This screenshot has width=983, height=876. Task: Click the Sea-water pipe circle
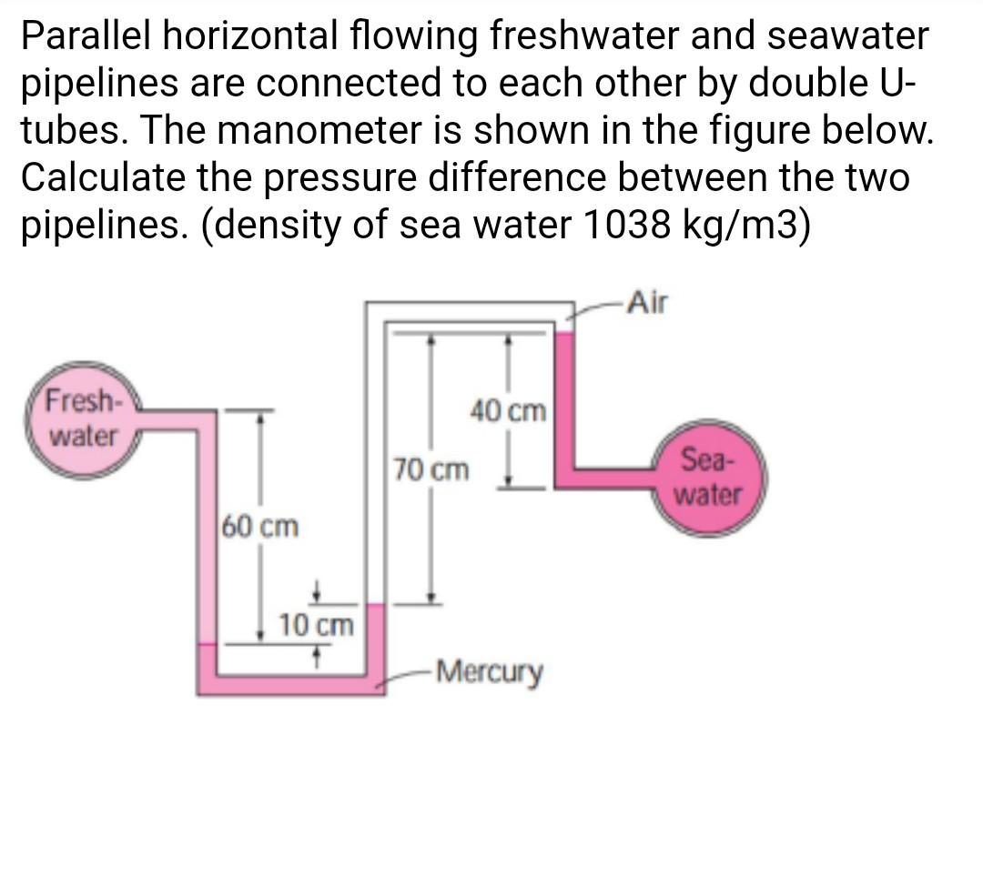[x=710, y=478]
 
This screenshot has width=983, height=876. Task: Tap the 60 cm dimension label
[x=260, y=526]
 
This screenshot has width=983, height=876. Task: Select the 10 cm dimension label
[x=316, y=625]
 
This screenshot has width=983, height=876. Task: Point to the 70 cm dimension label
[x=432, y=470]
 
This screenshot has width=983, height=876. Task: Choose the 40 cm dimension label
[x=509, y=411]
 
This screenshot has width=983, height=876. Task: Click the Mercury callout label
[x=490, y=674]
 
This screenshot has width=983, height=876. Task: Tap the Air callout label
[x=646, y=303]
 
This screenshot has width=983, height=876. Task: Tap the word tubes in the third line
[x=74, y=131]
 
